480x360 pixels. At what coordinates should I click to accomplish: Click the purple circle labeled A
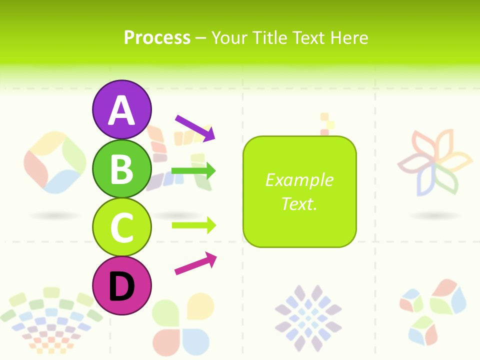click(x=121, y=109)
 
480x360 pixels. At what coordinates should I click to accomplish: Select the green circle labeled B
click(x=121, y=168)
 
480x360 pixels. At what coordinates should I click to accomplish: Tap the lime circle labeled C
click(x=121, y=227)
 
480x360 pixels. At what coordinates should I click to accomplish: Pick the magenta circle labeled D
click(x=121, y=285)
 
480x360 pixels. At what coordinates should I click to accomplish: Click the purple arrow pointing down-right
click(x=195, y=127)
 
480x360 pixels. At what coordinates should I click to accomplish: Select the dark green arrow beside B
click(x=193, y=171)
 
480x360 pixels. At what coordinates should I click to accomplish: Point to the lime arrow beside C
click(x=193, y=225)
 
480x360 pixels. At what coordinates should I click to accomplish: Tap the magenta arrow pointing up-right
click(x=195, y=263)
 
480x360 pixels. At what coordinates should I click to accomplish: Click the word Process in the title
click(x=157, y=37)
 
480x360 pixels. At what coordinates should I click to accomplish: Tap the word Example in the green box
click(x=299, y=180)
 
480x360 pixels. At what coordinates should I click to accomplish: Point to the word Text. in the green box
click(x=299, y=203)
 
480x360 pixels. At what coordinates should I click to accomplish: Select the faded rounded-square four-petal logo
click(x=55, y=162)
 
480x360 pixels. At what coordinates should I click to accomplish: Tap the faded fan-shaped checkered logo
click(x=50, y=317)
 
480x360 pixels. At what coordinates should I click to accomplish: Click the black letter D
click(x=121, y=286)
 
